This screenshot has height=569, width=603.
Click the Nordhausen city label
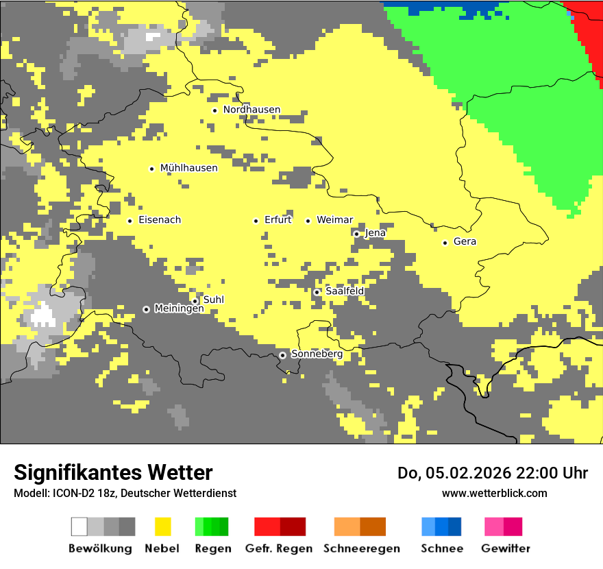tap(251, 110)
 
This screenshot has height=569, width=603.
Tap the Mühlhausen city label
tap(188, 168)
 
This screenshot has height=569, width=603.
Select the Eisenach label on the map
tap(160, 220)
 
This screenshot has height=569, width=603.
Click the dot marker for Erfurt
tap(256, 221)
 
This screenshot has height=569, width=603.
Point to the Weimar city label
tap(334, 220)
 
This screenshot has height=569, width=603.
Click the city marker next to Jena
tap(356, 234)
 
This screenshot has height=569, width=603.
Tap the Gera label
tap(465, 242)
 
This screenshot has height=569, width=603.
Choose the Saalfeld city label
tap(344, 291)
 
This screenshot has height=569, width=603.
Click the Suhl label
tap(213, 300)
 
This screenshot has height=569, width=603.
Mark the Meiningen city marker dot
tap(146, 309)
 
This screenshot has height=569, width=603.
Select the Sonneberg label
tap(317, 354)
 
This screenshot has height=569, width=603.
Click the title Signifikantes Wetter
tap(113, 473)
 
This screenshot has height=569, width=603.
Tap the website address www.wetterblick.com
tap(494, 494)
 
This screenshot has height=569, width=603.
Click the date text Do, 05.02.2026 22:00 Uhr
tap(492, 473)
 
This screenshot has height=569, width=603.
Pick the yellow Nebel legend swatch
tap(162, 526)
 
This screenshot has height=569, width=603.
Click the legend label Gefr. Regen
tap(279, 549)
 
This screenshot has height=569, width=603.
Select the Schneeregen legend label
tap(361, 549)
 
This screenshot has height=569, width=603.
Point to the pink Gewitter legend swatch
tap(493, 526)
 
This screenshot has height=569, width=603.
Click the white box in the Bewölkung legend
tap(79, 526)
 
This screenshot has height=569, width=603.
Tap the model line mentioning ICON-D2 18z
tap(125, 494)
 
